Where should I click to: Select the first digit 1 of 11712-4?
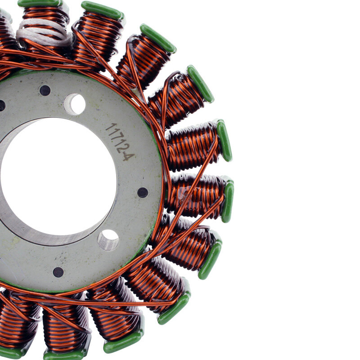click(x=110, y=126)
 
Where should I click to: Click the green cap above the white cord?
click(x=39, y=3)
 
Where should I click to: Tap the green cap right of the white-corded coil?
click(x=102, y=10)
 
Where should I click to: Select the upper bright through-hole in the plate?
click(x=75, y=104)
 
